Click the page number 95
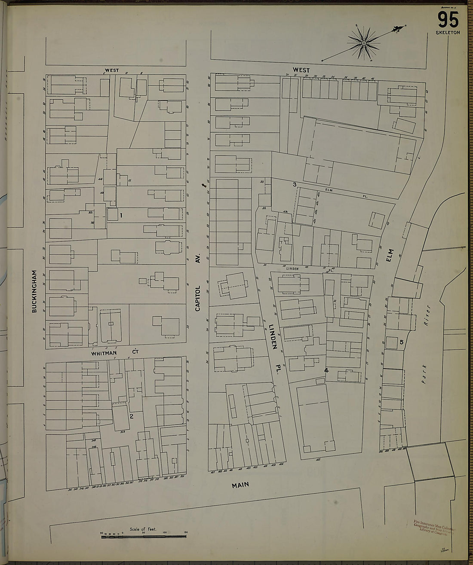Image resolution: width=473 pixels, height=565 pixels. [x=448, y=19]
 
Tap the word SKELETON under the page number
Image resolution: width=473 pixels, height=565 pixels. [x=448, y=33]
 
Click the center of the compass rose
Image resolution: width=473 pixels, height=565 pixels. [x=364, y=43]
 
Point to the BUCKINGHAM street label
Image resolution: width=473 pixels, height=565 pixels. [x=34, y=291]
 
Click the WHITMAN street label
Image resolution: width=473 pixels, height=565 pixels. [x=104, y=353]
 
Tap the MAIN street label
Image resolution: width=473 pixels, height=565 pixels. [x=240, y=485]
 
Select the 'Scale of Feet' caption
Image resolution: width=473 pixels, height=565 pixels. [x=143, y=529]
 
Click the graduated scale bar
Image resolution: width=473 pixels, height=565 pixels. [x=143, y=535]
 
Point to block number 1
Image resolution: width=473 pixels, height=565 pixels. [x=122, y=215]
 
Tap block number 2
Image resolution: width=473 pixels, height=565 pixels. [x=132, y=416]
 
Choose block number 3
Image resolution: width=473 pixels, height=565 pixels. [x=295, y=184]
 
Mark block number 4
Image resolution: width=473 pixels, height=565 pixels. [x=326, y=370]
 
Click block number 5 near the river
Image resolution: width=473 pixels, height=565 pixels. [x=401, y=342]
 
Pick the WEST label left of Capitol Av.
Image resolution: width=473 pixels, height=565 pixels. [x=112, y=70]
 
